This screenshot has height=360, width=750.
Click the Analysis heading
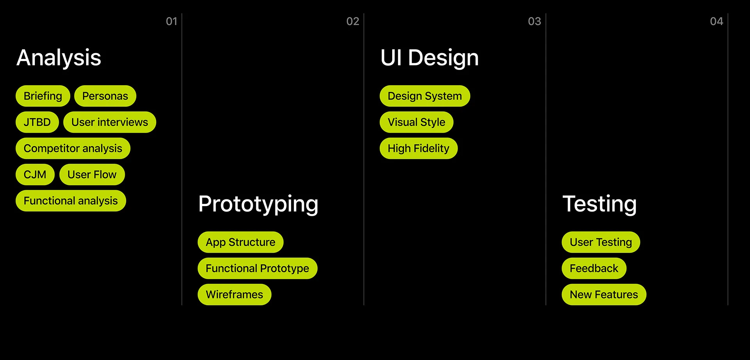click(x=59, y=58)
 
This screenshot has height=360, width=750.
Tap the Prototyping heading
click(x=258, y=204)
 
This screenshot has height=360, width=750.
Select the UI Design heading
click(x=429, y=58)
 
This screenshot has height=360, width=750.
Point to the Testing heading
click(x=600, y=204)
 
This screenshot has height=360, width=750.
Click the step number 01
click(x=171, y=21)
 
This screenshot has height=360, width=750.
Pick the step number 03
click(x=534, y=21)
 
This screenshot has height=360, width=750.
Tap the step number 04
click(x=716, y=21)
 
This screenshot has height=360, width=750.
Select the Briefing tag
click(x=43, y=96)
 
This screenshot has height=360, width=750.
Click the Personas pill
click(x=105, y=96)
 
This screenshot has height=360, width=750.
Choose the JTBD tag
click(x=37, y=122)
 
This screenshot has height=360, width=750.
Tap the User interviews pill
click(x=110, y=122)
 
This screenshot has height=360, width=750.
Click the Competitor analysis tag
click(x=73, y=149)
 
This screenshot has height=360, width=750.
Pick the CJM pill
click(x=35, y=175)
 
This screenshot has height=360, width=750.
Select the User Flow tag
click(x=92, y=175)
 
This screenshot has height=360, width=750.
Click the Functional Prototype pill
click(x=257, y=269)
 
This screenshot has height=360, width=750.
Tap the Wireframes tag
click(x=234, y=295)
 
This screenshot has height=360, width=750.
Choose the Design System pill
click(x=425, y=96)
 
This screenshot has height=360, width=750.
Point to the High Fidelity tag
click(x=418, y=149)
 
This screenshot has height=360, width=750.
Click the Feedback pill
click(x=594, y=269)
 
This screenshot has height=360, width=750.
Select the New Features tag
click(x=604, y=295)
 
